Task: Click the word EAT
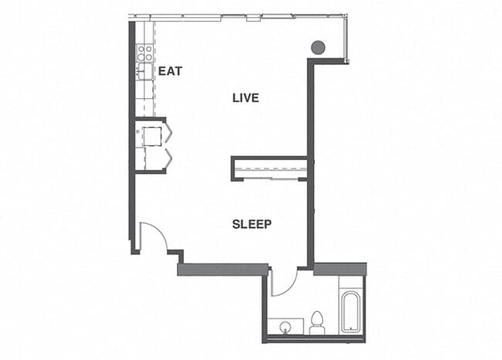tap(169, 71)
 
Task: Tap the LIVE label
tap(246, 98)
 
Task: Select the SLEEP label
tap(252, 225)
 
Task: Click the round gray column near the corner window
tap(317, 47)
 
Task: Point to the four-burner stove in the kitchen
tap(144, 53)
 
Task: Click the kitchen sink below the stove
tap(144, 72)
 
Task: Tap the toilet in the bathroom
tap(317, 323)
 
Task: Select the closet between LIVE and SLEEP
tap(270, 168)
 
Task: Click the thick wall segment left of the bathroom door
tap(223, 270)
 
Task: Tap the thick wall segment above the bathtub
tap(339, 269)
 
